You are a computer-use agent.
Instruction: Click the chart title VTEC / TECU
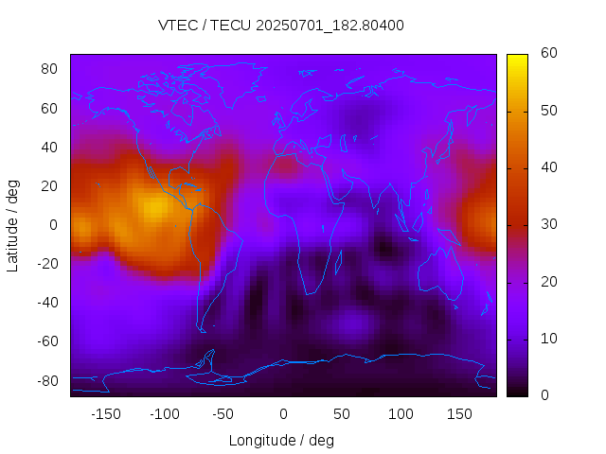(x=281, y=26)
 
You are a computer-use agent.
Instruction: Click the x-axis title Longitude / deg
(x=281, y=440)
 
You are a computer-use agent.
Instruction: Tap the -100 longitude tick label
(x=164, y=413)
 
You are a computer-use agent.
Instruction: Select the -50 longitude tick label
(x=223, y=413)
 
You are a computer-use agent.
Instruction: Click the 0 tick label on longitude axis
(x=282, y=413)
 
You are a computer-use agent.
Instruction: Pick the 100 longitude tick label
(x=401, y=413)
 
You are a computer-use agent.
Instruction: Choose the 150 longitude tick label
(x=459, y=413)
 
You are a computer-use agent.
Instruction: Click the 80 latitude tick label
(x=50, y=69)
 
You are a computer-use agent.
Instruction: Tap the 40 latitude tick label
(x=50, y=147)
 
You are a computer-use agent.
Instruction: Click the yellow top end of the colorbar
(x=516, y=59)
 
